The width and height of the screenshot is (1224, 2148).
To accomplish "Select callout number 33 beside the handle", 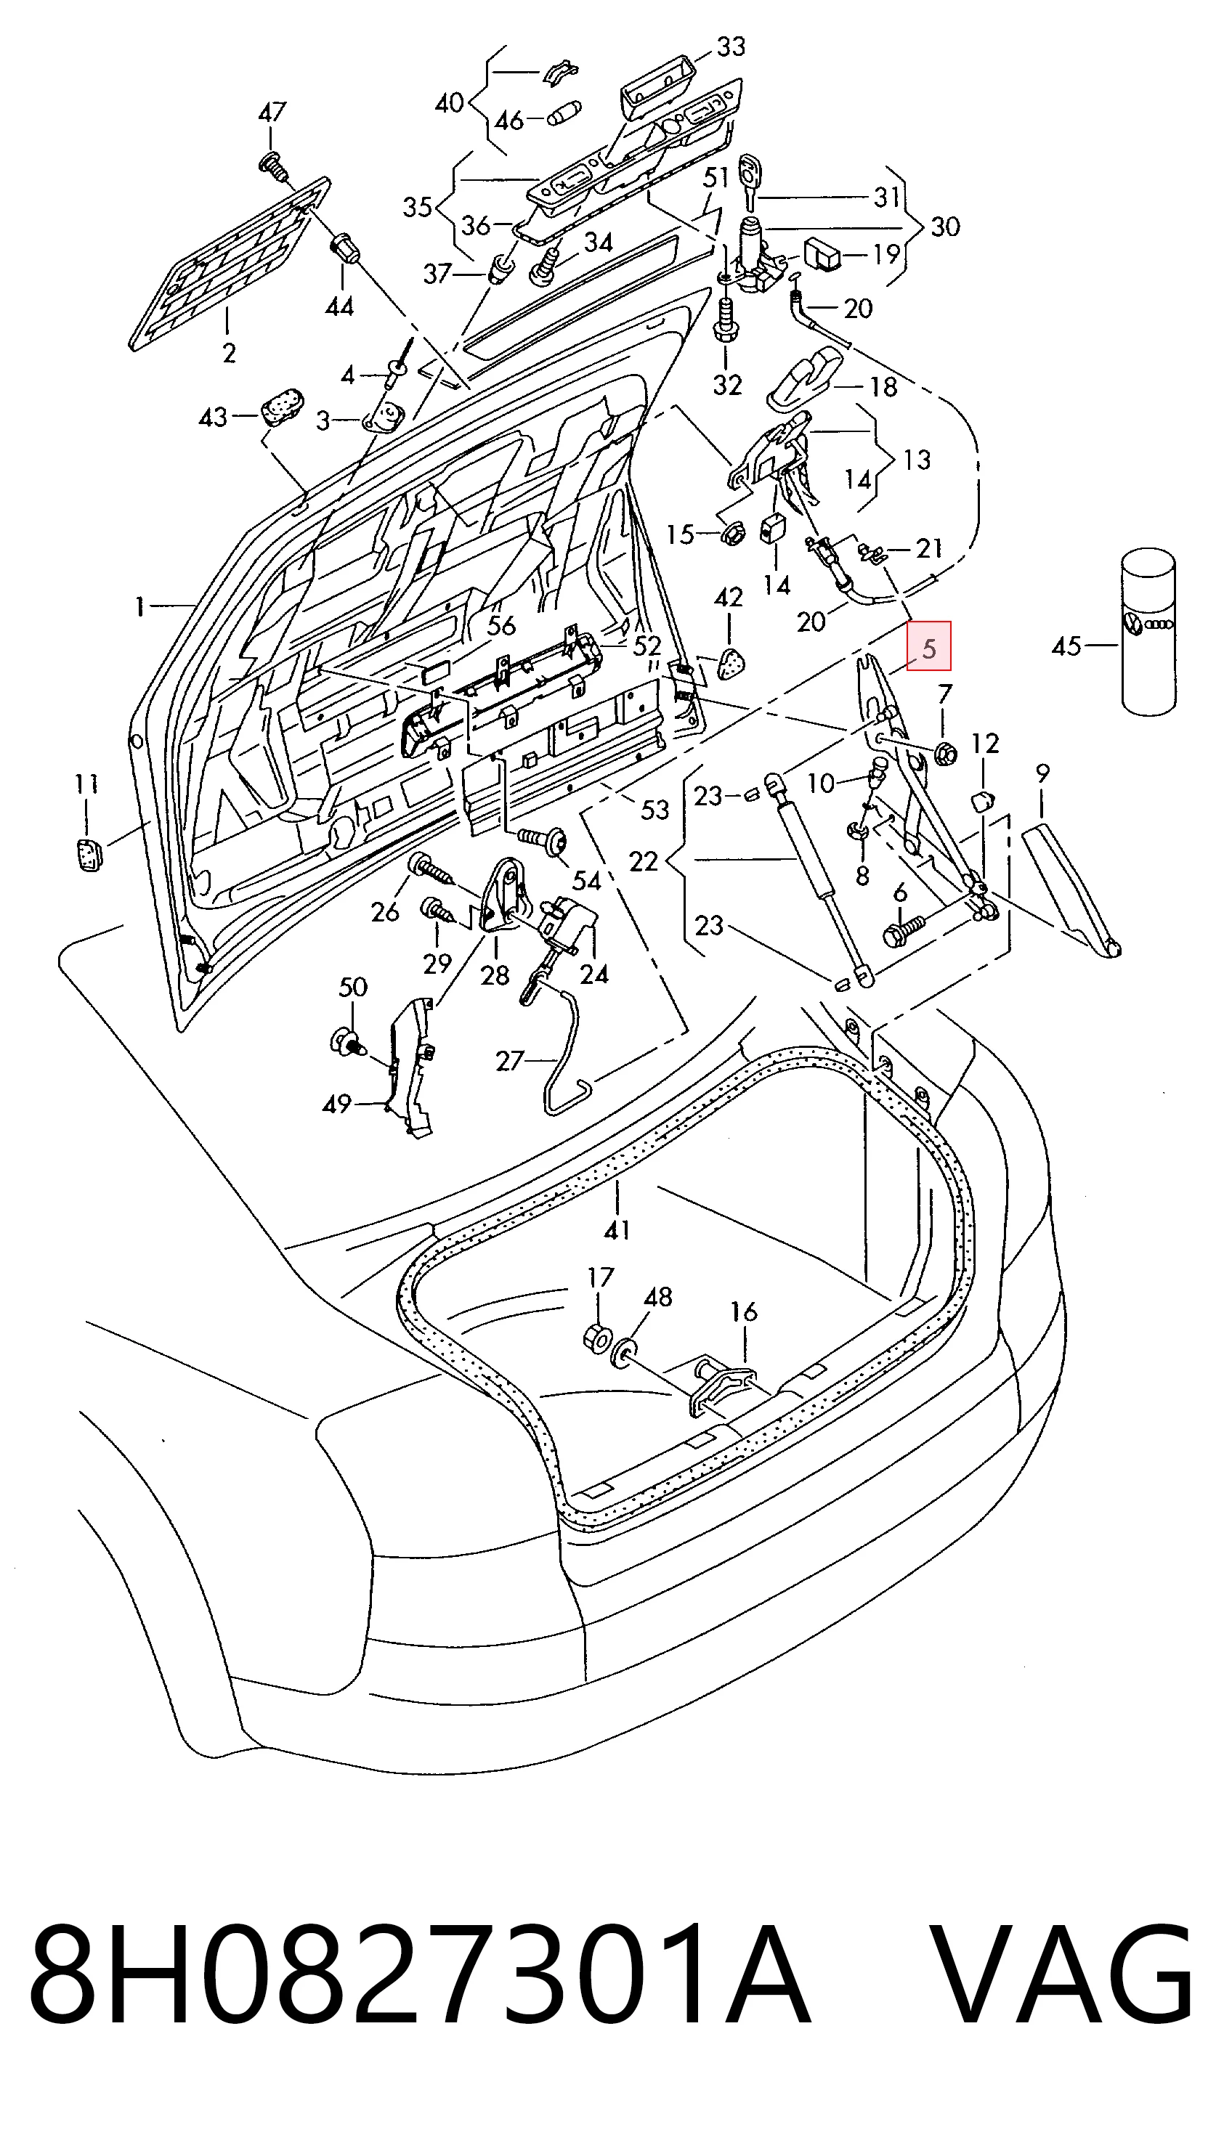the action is tap(730, 47).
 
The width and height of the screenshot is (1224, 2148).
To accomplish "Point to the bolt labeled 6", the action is tap(902, 929).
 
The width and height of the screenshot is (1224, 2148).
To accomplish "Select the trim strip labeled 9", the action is tap(1073, 892).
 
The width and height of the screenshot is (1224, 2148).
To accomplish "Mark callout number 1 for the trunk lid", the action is tap(140, 605).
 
